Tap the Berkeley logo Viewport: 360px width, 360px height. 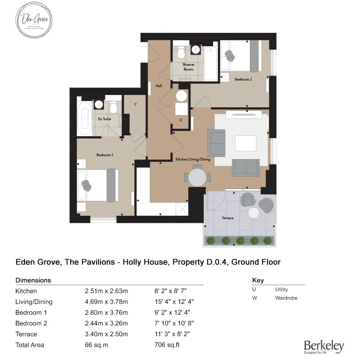324,347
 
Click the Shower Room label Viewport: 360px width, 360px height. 188,67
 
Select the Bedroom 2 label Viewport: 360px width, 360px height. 243,79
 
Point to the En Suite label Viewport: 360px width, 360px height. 104,119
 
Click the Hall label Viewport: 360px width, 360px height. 158,86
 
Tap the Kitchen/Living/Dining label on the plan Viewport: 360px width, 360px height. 193,159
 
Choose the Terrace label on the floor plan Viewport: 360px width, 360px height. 228,218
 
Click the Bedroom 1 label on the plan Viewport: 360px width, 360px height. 105,155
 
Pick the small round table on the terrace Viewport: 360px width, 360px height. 254,213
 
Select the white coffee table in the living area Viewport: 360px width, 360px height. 246,143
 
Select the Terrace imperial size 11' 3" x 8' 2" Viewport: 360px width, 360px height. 172,334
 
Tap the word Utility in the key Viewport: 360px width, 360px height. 282,289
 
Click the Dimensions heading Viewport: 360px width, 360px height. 33,280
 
